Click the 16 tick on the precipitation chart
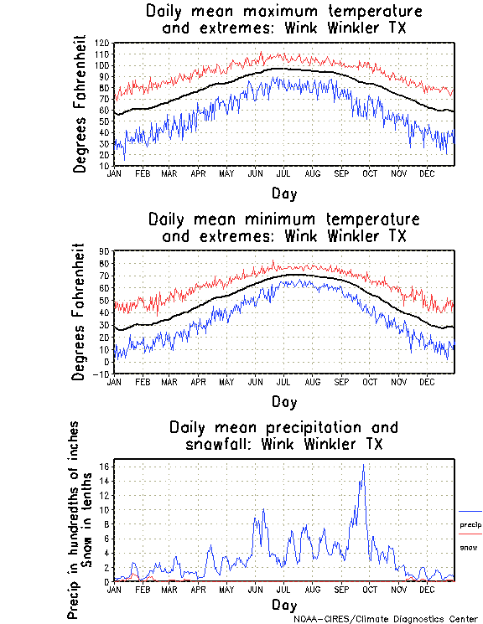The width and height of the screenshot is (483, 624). click(x=106, y=467)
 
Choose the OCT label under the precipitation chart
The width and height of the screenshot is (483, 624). click(x=370, y=589)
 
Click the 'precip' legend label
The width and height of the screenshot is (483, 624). click(x=470, y=525)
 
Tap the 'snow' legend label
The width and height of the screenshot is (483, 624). click(x=468, y=548)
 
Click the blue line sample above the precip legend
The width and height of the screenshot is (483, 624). click(x=470, y=511)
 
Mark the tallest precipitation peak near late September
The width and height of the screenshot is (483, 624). click(x=363, y=466)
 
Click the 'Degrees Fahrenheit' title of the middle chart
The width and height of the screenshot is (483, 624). click(x=80, y=312)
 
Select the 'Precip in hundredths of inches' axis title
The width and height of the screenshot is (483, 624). click(x=74, y=520)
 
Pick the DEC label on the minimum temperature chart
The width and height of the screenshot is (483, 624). click(x=427, y=381)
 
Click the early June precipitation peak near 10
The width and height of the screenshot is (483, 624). click(x=264, y=509)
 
